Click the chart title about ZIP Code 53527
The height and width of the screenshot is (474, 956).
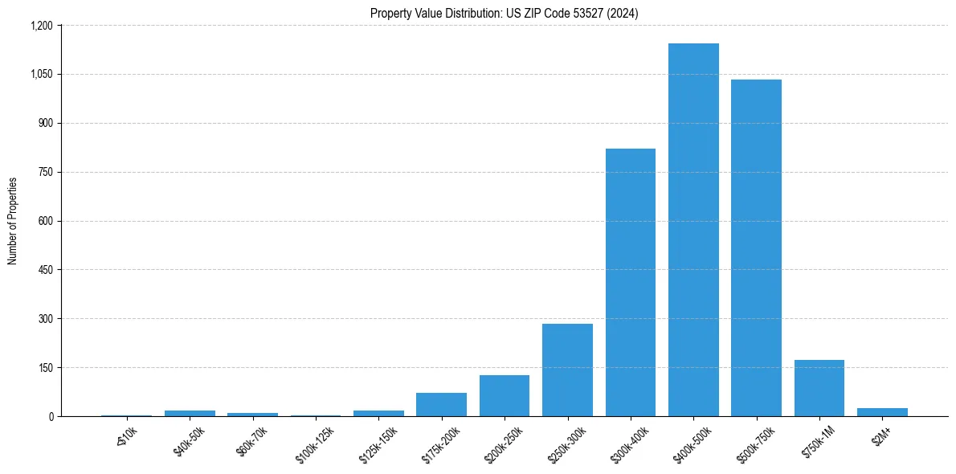(x=504, y=14)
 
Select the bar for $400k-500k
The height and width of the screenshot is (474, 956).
(x=693, y=230)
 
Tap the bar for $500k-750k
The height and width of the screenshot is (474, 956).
(x=756, y=247)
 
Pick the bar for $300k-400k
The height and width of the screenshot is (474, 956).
(x=631, y=282)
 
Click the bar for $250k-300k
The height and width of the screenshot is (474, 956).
(x=567, y=370)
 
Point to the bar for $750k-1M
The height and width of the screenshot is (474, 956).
(x=819, y=388)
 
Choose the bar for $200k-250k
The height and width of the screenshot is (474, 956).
(x=505, y=395)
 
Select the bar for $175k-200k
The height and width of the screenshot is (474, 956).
(x=441, y=404)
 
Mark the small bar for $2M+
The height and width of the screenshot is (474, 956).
(x=882, y=412)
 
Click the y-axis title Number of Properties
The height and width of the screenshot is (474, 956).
(x=13, y=221)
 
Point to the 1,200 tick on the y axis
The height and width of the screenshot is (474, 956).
(x=41, y=26)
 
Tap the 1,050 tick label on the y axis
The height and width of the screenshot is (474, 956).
(x=41, y=75)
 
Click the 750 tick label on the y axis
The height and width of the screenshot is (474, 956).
(x=45, y=172)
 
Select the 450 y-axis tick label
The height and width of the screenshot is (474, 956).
(x=45, y=270)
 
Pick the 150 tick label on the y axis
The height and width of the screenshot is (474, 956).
(x=45, y=368)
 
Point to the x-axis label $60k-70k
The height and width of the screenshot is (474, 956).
(x=251, y=441)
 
